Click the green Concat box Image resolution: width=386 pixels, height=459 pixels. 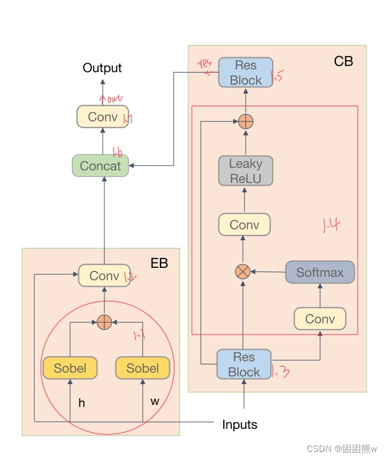(x=100, y=166)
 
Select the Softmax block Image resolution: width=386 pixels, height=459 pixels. (x=319, y=273)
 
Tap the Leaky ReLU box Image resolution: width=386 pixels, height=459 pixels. (x=245, y=171)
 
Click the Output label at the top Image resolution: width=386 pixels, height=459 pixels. (x=102, y=68)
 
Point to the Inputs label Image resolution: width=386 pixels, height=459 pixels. (x=240, y=424)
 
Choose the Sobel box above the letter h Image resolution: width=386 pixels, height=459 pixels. (x=70, y=368)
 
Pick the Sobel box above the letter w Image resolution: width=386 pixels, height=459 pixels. (x=143, y=368)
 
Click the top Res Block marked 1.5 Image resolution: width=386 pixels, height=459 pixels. (x=245, y=73)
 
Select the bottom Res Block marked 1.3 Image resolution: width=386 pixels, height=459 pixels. (x=244, y=364)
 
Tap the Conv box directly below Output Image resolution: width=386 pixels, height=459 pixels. (x=102, y=116)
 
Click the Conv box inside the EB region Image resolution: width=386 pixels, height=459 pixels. (x=103, y=275)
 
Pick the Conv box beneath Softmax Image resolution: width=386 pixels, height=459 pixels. (x=320, y=319)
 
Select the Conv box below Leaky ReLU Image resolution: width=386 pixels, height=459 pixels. (x=244, y=225)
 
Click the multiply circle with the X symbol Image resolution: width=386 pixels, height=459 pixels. (x=243, y=272)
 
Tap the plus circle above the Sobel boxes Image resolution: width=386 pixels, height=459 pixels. (x=104, y=322)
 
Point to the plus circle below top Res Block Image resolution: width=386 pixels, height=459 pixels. (x=246, y=122)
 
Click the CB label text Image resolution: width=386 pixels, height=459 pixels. (x=344, y=61)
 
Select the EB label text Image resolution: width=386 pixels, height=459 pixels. (x=159, y=263)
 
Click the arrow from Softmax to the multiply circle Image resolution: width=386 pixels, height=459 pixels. (x=268, y=272)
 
